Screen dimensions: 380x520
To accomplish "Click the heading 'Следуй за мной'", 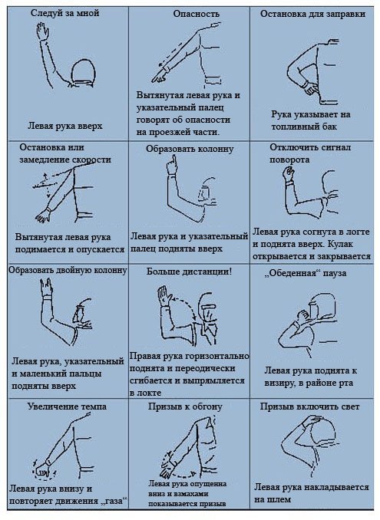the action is click(64, 13).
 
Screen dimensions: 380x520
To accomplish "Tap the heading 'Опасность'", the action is click(196, 14).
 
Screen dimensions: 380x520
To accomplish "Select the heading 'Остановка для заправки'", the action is click(312, 14).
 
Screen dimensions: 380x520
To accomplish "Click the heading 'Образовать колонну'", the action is click(190, 150).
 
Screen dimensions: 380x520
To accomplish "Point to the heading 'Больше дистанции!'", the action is click(189, 272).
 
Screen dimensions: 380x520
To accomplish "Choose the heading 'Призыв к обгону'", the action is click(185, 406).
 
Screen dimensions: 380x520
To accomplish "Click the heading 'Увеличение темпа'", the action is click(67, 406).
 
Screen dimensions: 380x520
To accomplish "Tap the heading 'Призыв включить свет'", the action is click(309, 406).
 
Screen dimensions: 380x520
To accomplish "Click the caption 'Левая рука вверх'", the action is click(65, 126).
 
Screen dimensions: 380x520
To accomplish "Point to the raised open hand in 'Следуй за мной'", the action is click(42, 31).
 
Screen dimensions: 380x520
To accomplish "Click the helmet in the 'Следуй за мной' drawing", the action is click(84, 71).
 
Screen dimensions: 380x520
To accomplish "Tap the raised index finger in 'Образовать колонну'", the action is click(173, 162).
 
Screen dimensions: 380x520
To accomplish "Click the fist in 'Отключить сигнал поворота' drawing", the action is click(289, 173).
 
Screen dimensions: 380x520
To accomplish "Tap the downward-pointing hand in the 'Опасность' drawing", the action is click(160, 77).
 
